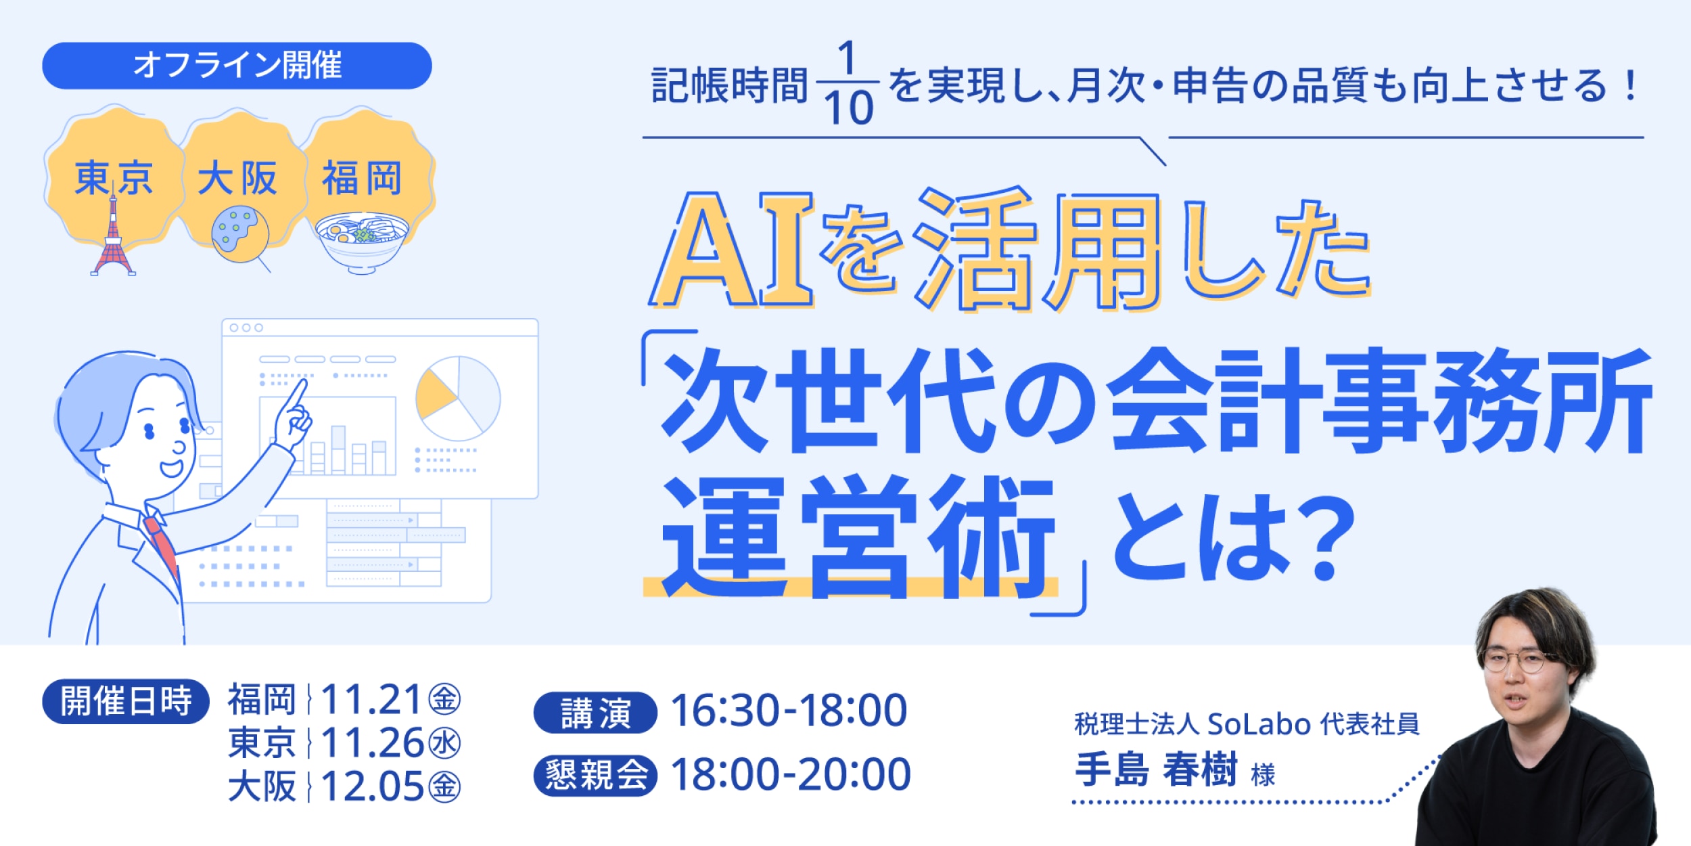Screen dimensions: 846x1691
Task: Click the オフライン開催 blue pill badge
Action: (237, 66)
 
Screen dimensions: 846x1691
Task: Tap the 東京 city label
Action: (113, 178)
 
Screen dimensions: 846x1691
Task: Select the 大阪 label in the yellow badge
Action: (237, 178)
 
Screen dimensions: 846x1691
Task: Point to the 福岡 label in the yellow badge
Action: (362, 178)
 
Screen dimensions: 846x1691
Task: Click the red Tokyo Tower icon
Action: (113, 237)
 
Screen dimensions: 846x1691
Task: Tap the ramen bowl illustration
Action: (361, 240)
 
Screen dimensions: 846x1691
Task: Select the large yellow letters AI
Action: (731, 250)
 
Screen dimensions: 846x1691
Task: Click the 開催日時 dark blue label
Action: (126, 701)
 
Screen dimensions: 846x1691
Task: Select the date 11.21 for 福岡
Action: (371, 699)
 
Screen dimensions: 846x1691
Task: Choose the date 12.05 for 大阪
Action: (371, 786)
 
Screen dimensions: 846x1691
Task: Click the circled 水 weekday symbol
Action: (444, 743)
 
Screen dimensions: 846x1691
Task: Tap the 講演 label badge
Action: (595, 713)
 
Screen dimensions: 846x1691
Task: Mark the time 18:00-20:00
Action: (790, 774)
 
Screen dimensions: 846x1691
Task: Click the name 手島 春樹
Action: (1156, 770)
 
